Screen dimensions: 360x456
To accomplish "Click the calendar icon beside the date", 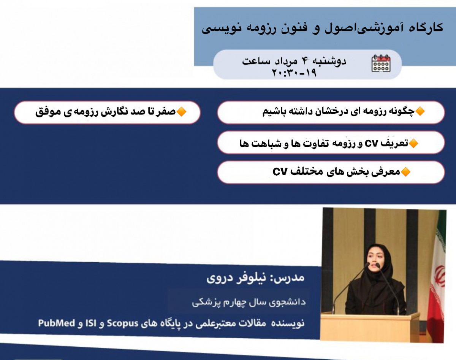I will coord(381,63).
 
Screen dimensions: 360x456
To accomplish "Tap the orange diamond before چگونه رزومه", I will coord(420,112).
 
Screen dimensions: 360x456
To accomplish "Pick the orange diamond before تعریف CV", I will coord(413,143).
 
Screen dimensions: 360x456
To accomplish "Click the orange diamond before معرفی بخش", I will coord(406,172).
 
